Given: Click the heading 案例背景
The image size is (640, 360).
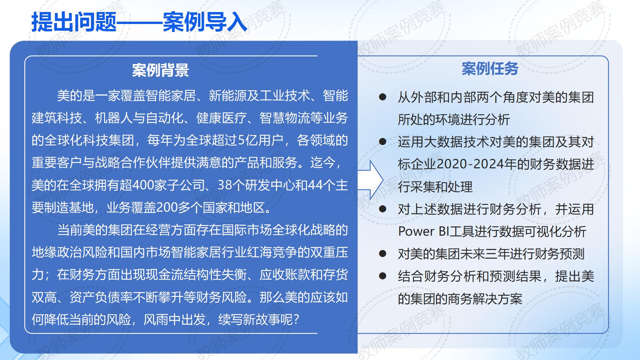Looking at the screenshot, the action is [160, 70].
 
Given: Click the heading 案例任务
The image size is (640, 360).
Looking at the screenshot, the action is [490, 69].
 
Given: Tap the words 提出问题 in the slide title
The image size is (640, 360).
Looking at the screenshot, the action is [74, 22].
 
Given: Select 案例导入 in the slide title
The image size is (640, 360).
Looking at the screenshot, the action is [205, 22].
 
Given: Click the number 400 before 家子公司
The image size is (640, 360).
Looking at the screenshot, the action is [143, 185].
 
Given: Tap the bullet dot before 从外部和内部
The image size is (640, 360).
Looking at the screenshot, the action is [383, 97].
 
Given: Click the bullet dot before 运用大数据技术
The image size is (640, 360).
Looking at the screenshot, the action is [383, 142].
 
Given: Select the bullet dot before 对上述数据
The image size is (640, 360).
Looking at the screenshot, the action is [383, 209].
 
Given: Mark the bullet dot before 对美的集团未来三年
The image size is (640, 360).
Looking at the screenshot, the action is [383, 254].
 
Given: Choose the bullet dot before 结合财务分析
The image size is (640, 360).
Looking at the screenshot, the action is [383, 276].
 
